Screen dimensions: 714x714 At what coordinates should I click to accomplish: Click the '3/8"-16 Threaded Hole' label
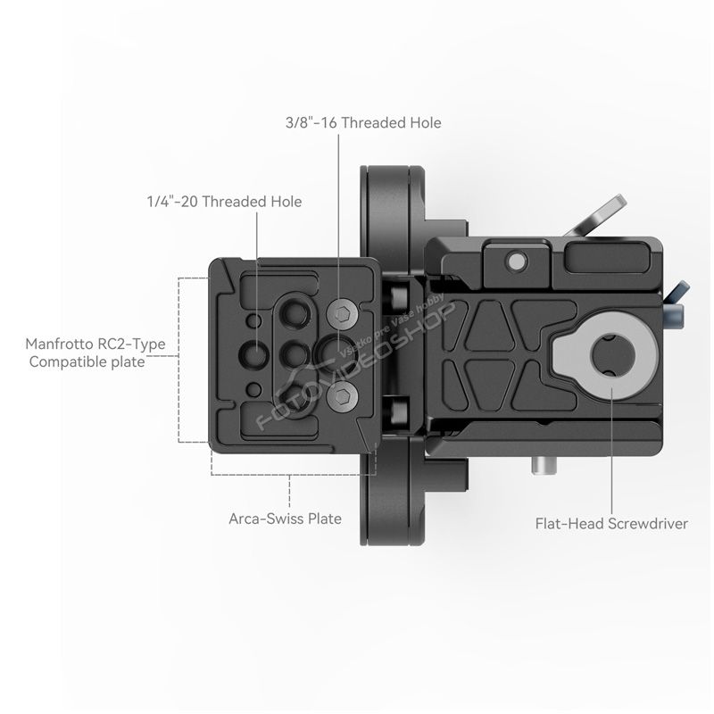pyautogui.click(x=363, y=122)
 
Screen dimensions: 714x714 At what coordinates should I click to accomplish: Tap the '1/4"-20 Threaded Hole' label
pyautogui.click(x=224, y=202)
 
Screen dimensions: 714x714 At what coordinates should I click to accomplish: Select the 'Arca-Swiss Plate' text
pyautogui.click(x=285, y=519)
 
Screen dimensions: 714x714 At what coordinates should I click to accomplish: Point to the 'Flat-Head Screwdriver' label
pyautogui.click(x=611, y=524)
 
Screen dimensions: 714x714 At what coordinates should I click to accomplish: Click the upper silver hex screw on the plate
pyautogui.click(x=342, y=313)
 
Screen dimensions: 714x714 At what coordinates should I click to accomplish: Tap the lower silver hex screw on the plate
pyautogui.click(x=342, y=396)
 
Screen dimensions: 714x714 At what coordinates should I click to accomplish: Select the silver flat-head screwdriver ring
pyautogui.click(x=606, y=354)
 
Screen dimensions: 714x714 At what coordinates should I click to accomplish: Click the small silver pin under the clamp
pyautogui.click(x=544, y=466)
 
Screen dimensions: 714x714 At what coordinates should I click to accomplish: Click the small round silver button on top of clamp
pyautogui.click(x=517, y=262)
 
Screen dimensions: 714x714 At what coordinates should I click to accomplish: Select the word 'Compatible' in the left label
pyautogui.click(x=62, y=362)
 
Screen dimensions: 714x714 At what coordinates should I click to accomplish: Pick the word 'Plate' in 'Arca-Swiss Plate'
pyautogui.click(x=325, y=519)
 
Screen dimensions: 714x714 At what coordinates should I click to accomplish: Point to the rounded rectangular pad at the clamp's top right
pyautogui.click(x=610, y=258)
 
